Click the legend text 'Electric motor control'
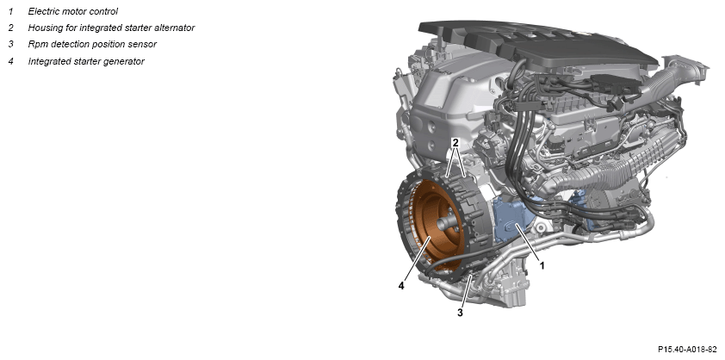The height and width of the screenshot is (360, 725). pyautogui.click(x=73, y=11)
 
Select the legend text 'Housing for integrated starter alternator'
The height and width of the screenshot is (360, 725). pyautogui.click(x=111, y=28)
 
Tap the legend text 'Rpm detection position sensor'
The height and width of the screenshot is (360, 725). pyautogui.click(x=92, y=45)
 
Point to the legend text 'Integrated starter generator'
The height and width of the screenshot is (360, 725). pyautogui.click(x=86, y=61)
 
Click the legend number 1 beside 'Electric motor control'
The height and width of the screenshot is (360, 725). pyautogui.click(x=10, y=11)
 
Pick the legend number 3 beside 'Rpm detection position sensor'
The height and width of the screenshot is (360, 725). pyautogui.click(x=10, y=45)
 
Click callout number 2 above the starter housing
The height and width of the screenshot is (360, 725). pyautogui.click(x=455, y=143)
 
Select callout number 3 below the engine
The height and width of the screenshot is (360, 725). pyautogui.click(x=460, y=313)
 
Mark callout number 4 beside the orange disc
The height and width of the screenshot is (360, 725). pyautogui.click(x=401, y=286)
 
